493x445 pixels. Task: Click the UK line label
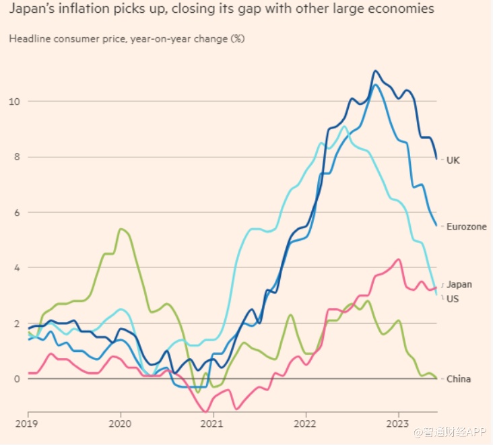[453, 160]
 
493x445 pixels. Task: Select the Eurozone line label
[466, 227]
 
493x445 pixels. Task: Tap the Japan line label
[459, 285]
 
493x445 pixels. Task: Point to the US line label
[453, 298]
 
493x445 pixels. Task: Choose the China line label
[459, 379]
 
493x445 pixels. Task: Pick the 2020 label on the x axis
[121, 425]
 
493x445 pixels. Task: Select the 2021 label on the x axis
[213, 425]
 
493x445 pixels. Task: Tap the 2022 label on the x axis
[305, 425]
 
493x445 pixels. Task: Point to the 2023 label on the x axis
[397, 425]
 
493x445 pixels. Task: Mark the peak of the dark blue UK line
[376, 70]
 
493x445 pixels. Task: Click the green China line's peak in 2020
[120, 229]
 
